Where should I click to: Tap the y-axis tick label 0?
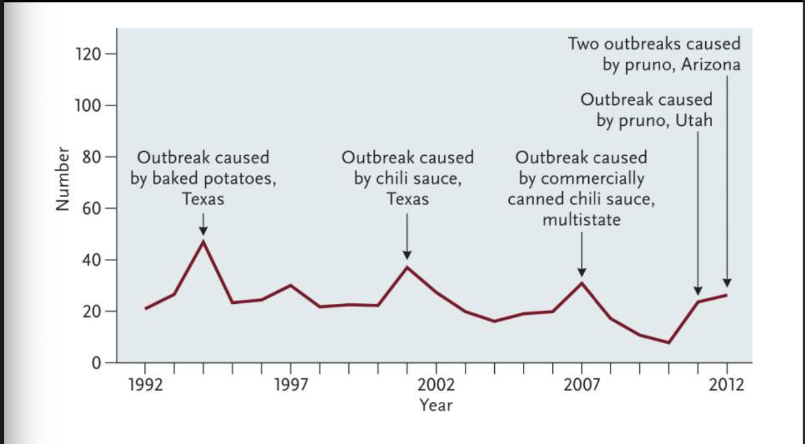tap(96, 363)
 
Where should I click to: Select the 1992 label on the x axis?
tap(145, 385)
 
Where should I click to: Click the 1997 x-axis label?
tap(290, 385)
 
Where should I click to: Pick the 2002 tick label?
tap(436, 385)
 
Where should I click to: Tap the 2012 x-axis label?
tap(727, 385)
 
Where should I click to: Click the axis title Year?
tap(436, 405)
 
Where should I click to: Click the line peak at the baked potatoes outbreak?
tap(204, 241)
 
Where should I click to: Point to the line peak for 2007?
tap(582, 283)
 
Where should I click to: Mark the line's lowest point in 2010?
tap(669, 343)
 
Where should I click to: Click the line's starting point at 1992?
tap(145, 308)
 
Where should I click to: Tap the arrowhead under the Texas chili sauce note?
tap(407, 255)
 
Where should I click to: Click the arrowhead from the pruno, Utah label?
tap(698, 291)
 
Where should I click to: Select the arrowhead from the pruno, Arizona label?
tap(727, 283)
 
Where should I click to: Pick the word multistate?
tap(581, 220)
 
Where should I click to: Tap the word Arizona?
tap(710, 65)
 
